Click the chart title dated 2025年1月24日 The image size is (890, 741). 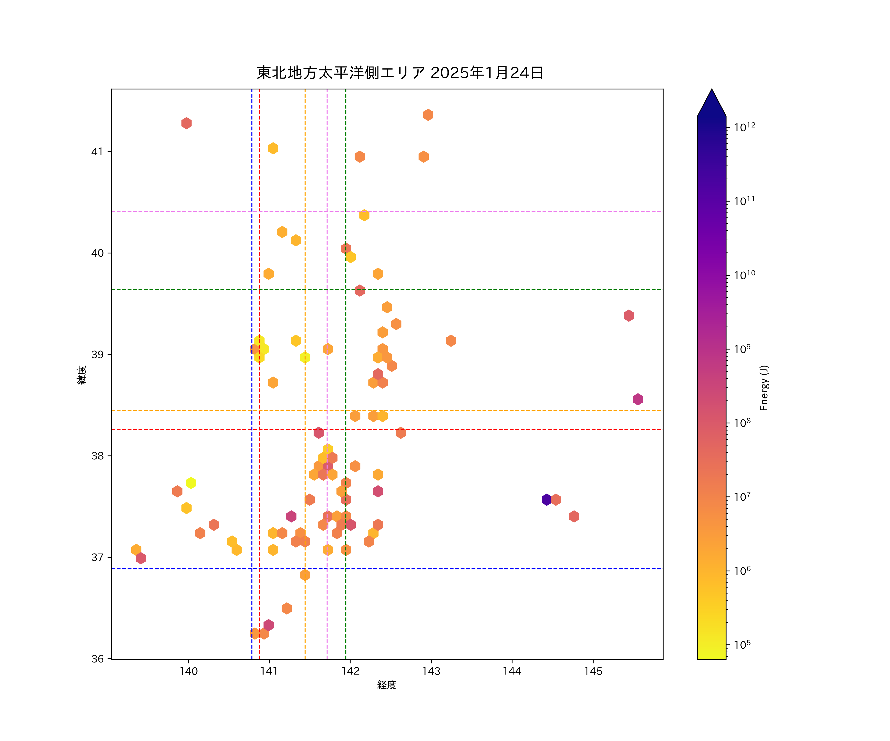point(400,73)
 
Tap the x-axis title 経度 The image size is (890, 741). point(386,685)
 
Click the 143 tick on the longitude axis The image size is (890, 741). point(431,671)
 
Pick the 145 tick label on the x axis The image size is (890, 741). point(593,671)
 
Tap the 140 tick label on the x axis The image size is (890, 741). point(188,671)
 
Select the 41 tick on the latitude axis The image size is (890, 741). point(97,152)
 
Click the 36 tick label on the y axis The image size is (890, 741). point(97,659)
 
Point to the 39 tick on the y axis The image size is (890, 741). point(97,354)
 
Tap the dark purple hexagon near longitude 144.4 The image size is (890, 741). point(547,500)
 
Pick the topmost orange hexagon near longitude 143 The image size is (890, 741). point(428,115)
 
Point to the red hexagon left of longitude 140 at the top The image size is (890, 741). point(186,123)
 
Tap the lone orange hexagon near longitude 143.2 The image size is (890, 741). point(451,340)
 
